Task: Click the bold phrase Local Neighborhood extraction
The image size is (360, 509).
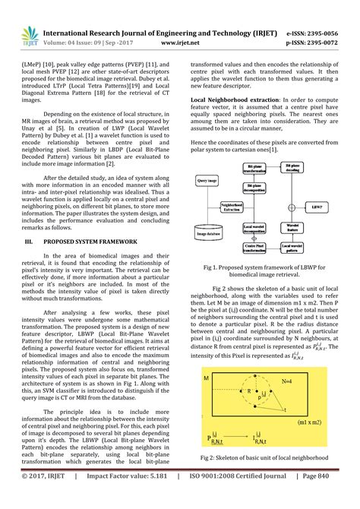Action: pyautogui.click(x=235, y=100)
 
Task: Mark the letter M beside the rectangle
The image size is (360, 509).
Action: pyautogui.click(x=205, y=378)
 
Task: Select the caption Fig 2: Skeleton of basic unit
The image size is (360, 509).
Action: pyautogui.click(x=269, y=459)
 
